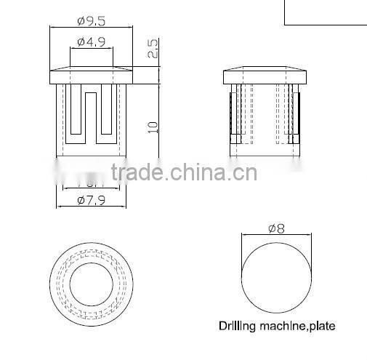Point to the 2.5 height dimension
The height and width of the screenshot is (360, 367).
tap(152, 49)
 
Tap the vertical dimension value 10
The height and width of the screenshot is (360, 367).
tap(152, 125)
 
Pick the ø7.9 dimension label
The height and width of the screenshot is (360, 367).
tap(92, 201)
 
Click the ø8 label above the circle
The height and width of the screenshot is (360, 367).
tap(276, 228)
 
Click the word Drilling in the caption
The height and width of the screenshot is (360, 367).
tap(239, 327)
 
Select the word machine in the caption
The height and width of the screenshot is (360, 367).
tap(284, 327)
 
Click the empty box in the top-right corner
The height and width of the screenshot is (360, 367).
tap(325, 12)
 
